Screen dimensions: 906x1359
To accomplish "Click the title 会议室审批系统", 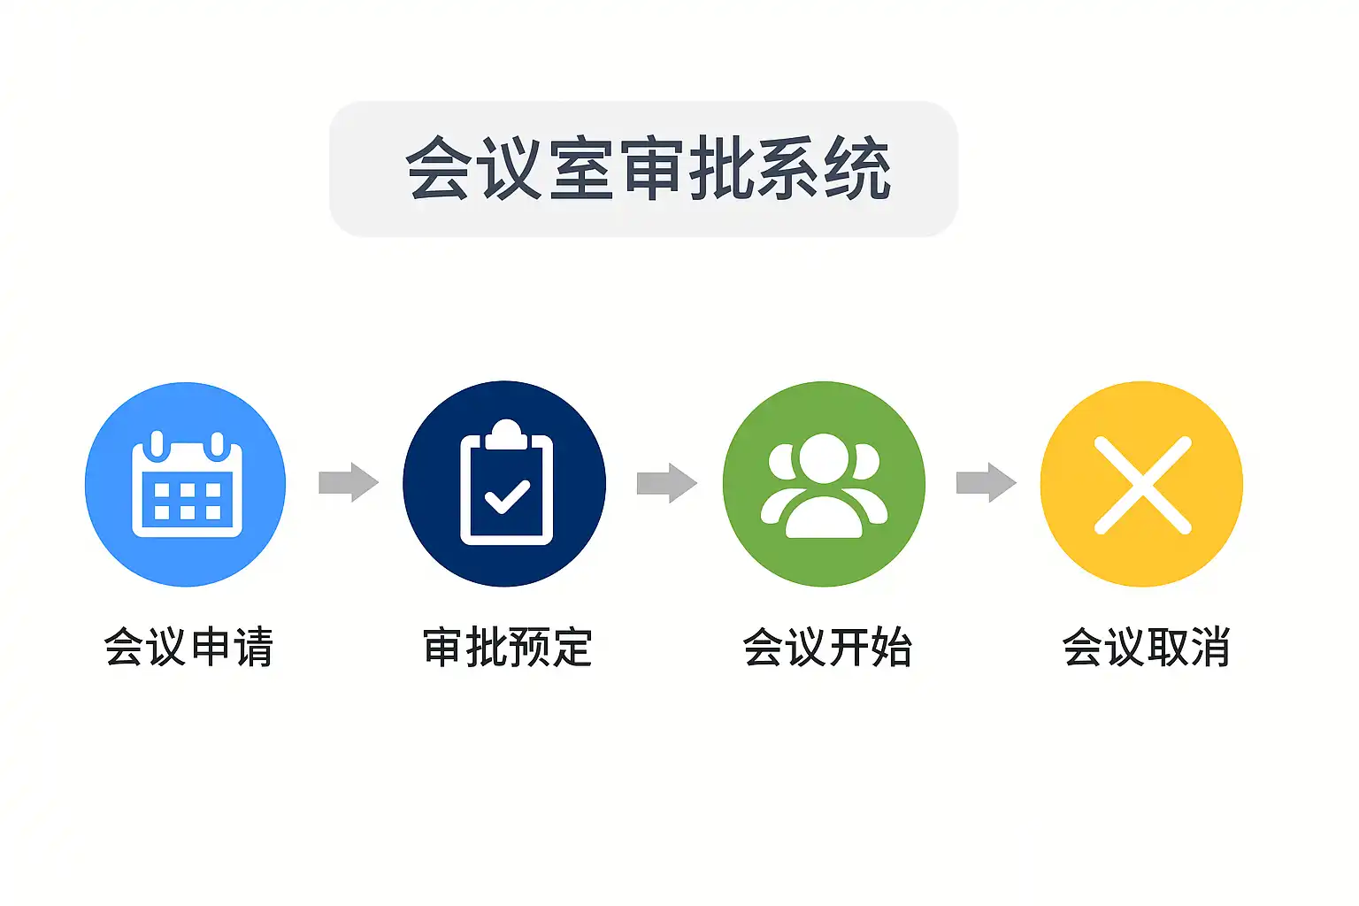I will coord(647,168).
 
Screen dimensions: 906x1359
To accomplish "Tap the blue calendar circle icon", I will coord(186,484).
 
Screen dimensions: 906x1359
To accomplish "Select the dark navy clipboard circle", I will coord(504,484).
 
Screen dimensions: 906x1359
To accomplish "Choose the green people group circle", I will coord(824,484).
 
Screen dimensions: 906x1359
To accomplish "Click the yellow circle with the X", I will coord(1141,484).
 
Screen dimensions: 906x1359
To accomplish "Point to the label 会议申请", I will coord(188,647).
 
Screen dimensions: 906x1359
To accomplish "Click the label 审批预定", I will coord(507,647).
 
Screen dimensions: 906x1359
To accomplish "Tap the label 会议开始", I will coord(827,647).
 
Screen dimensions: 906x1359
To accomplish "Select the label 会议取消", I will coord(1146,647).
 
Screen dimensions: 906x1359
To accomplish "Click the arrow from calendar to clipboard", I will coord(349,482).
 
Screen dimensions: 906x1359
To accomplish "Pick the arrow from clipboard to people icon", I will coord(667,482).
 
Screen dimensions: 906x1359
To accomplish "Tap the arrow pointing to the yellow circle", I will coord(987,482).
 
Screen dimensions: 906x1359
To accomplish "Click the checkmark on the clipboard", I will coord(507,496).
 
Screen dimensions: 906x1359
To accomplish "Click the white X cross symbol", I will coord(1142,485).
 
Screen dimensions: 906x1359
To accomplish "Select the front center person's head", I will coord(824,458).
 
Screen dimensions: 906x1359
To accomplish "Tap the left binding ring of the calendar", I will coord(156,444).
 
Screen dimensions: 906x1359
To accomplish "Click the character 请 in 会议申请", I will coord(252,647).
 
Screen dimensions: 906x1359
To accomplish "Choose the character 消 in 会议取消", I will coord(1209,647).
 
